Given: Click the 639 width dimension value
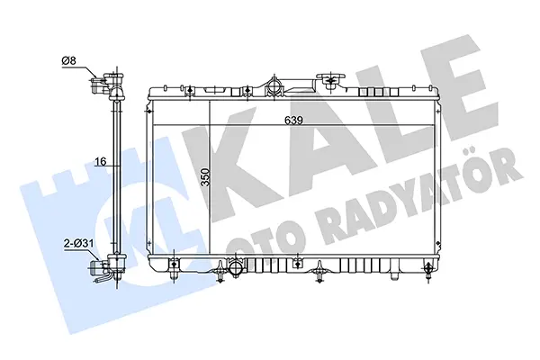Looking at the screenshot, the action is pyautogui.click(x=293, y=121).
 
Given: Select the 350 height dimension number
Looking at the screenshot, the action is pyautogui.click(x=205, y=177).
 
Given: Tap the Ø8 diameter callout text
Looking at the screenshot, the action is pyautogui.click(x=68, y=61).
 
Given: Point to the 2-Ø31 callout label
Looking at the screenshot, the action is pyautogui.click(x=79, y=244).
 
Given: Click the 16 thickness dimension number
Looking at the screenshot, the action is pyautogui.click(x=101, y=161).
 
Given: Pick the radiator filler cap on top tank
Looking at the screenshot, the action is pyautogui.click(x=331, y=79).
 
